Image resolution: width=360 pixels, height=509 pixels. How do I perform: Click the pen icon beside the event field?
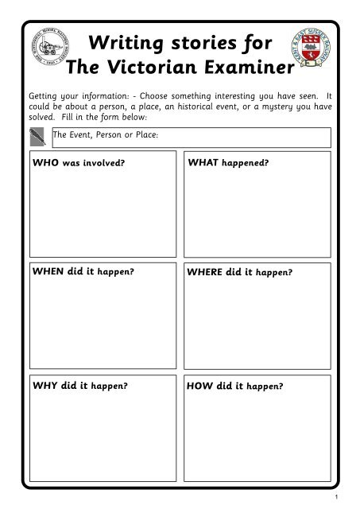tap(41, 138)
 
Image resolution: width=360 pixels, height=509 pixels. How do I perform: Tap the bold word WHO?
tap(46, 163)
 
